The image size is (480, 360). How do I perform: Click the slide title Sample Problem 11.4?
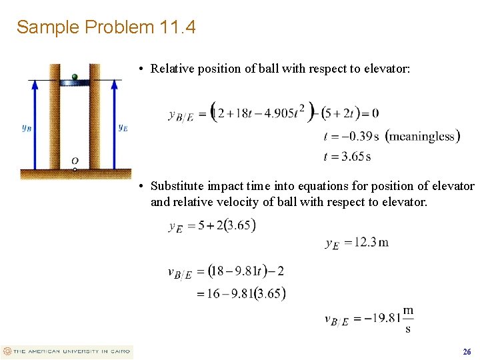pyautogui.click(x=106, y=27)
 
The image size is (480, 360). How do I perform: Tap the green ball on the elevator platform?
pyautogui.click(x=75, y=76)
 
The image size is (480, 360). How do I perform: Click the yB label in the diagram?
pyautogui.click(x=27, y=127)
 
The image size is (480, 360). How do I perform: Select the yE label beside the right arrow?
pyautogui.click(x=123, y=127)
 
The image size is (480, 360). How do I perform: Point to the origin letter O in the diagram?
pyautogui.click(x=75, y=161)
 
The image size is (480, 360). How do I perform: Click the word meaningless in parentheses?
pyautogui.click(x=423, y=137)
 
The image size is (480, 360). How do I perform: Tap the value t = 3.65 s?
pyautogui.click(x=347, y=157)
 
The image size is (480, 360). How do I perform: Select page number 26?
pyautogui.click(x=467, y=351)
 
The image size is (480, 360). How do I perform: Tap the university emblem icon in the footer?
pyautogui.click(x=7, y=351)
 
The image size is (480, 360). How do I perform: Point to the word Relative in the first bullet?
pyautogui.click(x=171, y=68)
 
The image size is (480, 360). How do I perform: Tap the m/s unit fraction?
pyautogui.click(x=408, y=319)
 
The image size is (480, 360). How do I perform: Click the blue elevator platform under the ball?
pyautogui.click(x=75, y=82)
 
